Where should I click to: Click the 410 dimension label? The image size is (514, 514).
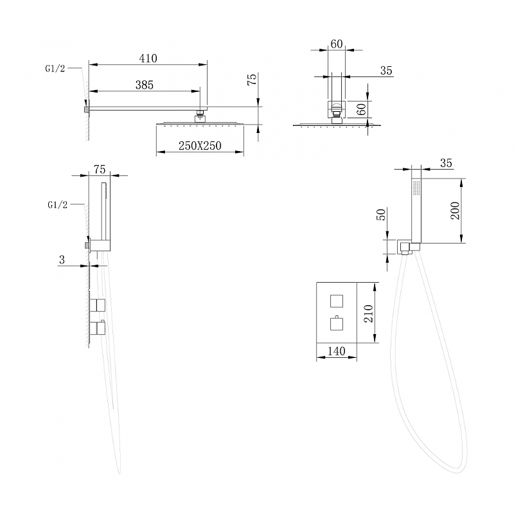pos(148,58)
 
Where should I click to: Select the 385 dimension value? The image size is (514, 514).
pos(145,85)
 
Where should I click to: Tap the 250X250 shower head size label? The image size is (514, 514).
pos(200,146)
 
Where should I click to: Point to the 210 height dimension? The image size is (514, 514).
pos(369,314)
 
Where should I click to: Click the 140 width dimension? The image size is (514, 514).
pos(336,351)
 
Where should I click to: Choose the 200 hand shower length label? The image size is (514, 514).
pos(455,211)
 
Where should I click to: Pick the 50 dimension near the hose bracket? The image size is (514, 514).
pos(382,215)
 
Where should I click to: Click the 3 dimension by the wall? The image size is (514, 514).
pos(62,260)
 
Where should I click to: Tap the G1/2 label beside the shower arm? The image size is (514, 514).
pos(55,69)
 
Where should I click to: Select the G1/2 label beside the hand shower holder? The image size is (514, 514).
pos(57,205)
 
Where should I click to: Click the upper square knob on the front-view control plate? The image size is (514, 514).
pos(336,301)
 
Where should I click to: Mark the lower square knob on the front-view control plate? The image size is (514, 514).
pos(336,324)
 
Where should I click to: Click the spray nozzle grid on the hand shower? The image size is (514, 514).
pos(416,188)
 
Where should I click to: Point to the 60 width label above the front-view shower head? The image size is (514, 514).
pos(337,44)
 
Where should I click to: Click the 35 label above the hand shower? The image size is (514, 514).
pos(446,163)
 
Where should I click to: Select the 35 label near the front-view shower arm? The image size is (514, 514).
pos(386,71)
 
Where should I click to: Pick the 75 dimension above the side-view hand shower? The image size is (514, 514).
pos(100,169)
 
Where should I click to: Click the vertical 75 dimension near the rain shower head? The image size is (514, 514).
pos(252,79)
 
